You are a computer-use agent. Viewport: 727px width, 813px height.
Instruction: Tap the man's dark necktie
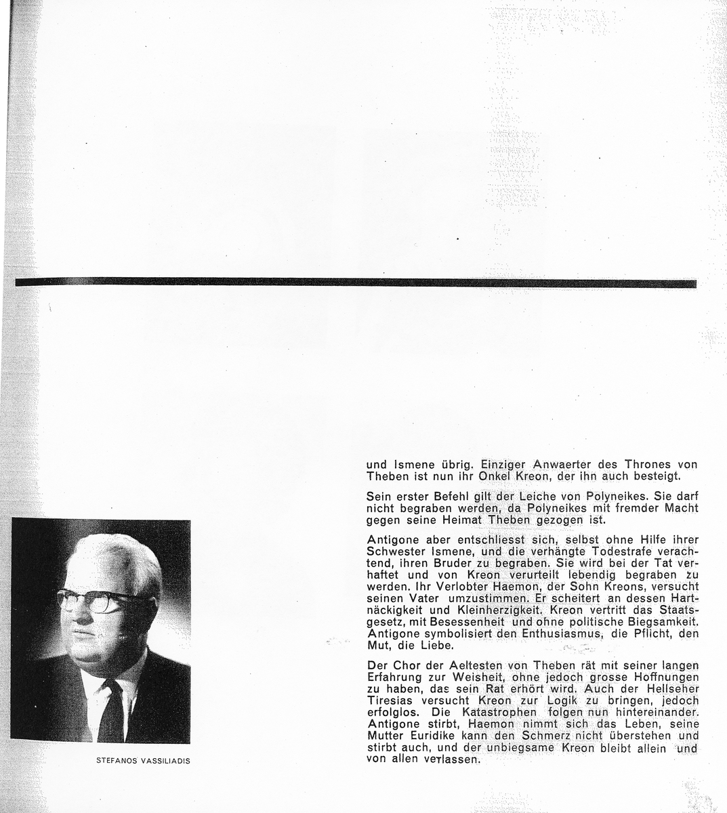click(x=110, y=711)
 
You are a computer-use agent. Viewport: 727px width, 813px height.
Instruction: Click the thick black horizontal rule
click(x=356, y=283)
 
